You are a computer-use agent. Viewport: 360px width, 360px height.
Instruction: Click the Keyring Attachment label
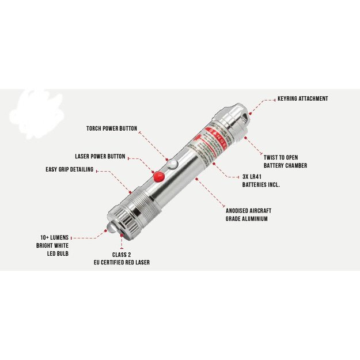[x=302, y=98]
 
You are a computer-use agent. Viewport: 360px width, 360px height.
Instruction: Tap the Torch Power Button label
[x=112, y=128]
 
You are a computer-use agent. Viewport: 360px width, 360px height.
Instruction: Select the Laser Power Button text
[x=100, y=156]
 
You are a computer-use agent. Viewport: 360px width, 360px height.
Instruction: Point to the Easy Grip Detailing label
[x=70, y=169]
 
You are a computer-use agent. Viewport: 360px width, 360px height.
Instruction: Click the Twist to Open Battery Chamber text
[x=285, y=161]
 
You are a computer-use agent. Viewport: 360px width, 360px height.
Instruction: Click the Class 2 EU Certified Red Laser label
[x=122, y=258]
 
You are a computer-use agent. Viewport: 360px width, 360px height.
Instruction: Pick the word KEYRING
[x=289, y=98]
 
